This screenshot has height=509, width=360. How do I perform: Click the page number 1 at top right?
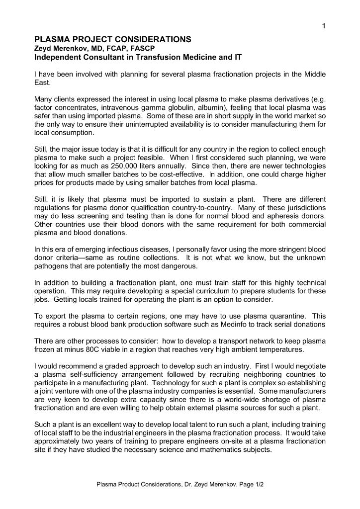[323, 27]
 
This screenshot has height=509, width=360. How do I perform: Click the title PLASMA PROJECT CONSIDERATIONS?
[112, 40]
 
